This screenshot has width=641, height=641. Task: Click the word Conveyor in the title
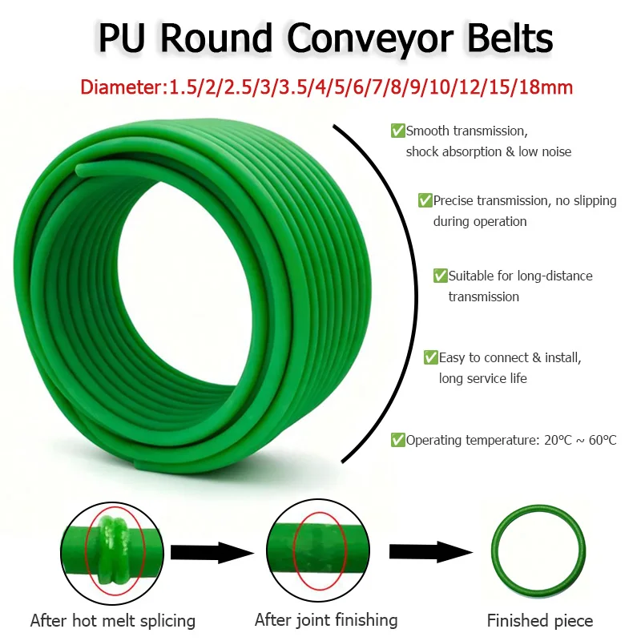point(370,39)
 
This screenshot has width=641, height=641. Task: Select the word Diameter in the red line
point(121,87)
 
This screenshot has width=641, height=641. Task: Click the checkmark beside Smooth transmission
point(397,131)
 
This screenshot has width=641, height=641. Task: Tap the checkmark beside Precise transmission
point(425,200)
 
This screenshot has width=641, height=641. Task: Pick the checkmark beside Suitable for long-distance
point(440,276)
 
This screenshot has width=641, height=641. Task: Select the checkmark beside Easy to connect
point(431,357)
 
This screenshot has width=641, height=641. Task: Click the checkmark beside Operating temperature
point(397,440)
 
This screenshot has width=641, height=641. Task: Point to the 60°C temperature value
point(603,440)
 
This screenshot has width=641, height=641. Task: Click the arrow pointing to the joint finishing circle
point(212,553)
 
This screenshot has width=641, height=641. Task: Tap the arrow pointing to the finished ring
point(431,552)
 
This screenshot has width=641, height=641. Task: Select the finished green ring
point(495,552)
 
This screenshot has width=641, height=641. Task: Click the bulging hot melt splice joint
point(114,550)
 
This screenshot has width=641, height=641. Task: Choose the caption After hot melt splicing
point(113,620)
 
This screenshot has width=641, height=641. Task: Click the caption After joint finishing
point(326,620)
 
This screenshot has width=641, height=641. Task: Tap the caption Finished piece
point(540,620)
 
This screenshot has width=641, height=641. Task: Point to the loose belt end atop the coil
point(82,170)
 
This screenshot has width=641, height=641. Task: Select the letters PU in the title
point(122,38)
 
